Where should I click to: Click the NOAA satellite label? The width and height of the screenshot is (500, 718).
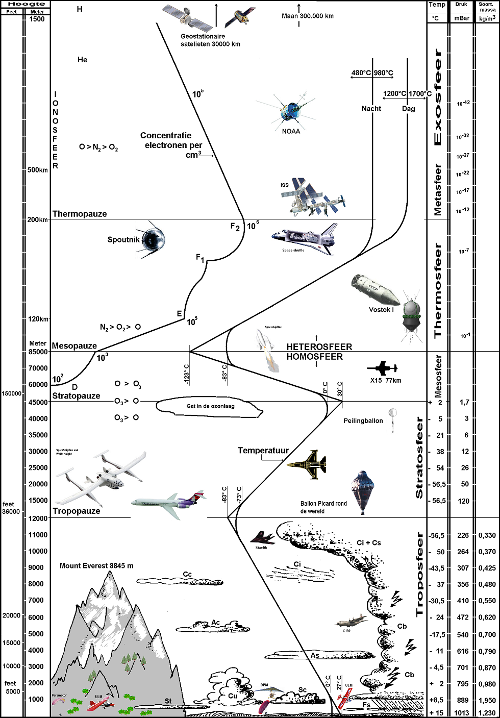[x=291, y=131]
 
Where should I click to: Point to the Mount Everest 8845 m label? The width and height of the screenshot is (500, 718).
[x=96, y=565]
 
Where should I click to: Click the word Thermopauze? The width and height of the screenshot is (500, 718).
[x=80, y=214]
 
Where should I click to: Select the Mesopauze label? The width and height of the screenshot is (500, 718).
[x=74, y=346]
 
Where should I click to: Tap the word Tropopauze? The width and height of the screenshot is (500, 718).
[x=77, y=511]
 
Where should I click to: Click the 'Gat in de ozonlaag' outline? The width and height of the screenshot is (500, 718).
[x=210, y=407]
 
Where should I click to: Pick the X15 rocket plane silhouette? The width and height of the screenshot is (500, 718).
[x=382, y=368]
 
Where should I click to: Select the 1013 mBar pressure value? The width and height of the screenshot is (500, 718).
[x=462, y=713]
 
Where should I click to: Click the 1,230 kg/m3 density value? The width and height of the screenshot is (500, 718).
[x=487, y=713]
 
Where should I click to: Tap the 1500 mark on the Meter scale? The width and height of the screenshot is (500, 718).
[x=37, y=19]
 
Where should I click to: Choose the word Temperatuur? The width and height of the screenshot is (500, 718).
[x=263, y=450]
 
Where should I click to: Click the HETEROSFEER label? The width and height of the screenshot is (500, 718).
[x=319, y=347]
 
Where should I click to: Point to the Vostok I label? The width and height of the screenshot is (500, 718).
[x=381, y=310]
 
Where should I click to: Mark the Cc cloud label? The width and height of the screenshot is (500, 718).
[x=187, y=575]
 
